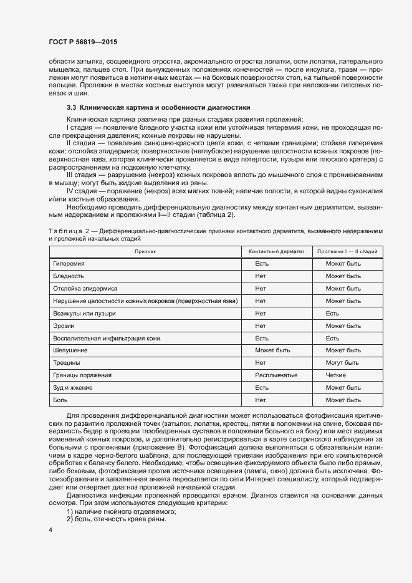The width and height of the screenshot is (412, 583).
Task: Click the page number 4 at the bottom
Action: point(50,530)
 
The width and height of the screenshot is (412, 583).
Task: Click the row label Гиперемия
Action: point(69,264)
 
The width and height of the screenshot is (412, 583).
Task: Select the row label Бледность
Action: point(69,276)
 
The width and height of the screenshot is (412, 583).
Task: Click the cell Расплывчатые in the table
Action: point(275,375)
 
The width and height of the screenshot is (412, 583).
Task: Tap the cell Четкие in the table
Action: point(336,375)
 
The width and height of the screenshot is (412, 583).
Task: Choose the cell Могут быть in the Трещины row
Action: point(342,362)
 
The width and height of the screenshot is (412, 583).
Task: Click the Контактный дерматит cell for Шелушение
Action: point(272,350)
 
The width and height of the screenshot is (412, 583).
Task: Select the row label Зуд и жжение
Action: point(73,387)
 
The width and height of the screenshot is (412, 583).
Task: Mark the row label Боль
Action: point(60,400)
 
